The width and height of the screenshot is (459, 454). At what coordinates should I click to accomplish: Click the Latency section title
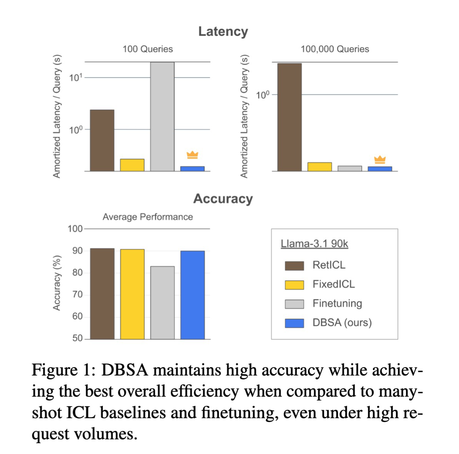[223, 32]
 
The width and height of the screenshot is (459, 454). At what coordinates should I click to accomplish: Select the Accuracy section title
[223, 199]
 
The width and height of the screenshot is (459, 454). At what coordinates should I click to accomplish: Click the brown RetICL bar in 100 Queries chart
[102, 140]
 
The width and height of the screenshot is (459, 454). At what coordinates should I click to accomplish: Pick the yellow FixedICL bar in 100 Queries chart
[132, 165]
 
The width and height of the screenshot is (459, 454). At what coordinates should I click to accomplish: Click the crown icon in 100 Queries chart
[192, 155]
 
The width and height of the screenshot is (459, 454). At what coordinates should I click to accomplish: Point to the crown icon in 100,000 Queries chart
[380, 159]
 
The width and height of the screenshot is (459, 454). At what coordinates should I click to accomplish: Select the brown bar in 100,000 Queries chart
[289, 117]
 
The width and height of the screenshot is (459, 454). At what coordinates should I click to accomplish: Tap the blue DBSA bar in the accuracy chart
[193, 295]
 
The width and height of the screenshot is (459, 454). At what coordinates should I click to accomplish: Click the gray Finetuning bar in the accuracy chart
[162, 302]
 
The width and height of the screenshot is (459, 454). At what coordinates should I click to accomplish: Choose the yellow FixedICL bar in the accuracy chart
[132, 294]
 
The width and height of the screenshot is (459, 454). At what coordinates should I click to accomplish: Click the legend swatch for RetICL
[294, 265]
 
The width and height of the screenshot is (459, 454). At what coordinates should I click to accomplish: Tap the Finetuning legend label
[337, 304]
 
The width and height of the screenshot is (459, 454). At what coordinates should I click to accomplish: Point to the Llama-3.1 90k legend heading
[314, 244]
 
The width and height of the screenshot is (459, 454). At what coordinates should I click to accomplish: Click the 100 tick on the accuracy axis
[75, 229]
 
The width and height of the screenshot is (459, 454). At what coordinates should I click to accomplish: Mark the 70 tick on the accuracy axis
[78, 295]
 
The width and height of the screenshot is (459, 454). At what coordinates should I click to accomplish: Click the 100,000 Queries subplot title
[335, 49]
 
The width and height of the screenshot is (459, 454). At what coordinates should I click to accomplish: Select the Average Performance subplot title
[148, 217]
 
